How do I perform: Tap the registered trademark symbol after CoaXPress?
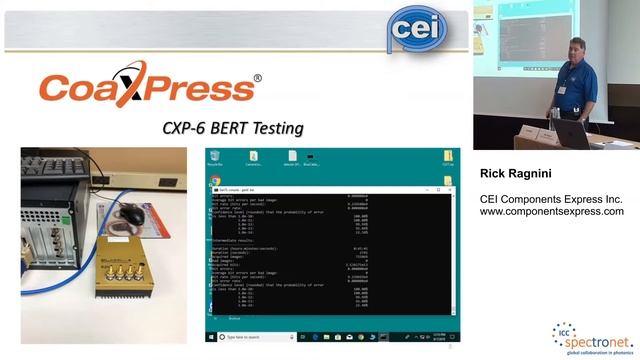pyautogui.click(x=258, y=78)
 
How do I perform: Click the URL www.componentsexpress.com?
pyautogui.click(x=551, y=212)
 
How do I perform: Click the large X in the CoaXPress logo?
pyautogui.click(x=131, y=88)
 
